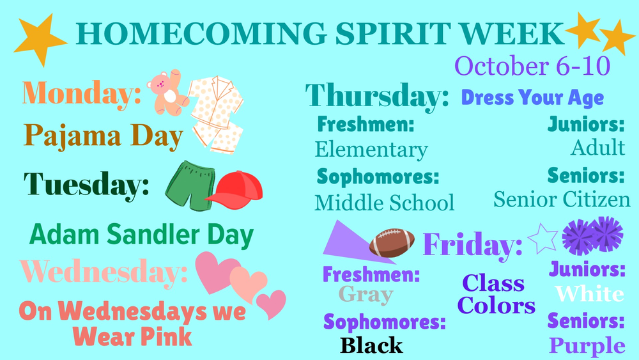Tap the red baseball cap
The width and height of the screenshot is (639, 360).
click(235, 190)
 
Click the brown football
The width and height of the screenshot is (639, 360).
click(391, 243)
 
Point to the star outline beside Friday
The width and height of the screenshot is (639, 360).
click(543, 238)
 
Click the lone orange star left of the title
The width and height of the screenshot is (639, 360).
click(40, 38)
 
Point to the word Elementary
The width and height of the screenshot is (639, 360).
click(371, 150)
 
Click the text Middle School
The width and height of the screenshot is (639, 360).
click(384, 203)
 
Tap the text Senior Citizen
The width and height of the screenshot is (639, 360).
click(562, 200)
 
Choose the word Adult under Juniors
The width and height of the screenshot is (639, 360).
click(597, 148)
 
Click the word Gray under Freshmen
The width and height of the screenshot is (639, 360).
click(366, 295)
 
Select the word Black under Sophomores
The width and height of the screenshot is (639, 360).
click(371, 345)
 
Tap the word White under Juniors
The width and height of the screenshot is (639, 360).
click(589, 293)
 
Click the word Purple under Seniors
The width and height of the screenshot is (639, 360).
click(587, 346)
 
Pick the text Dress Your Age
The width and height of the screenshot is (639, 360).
click(532, 98)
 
